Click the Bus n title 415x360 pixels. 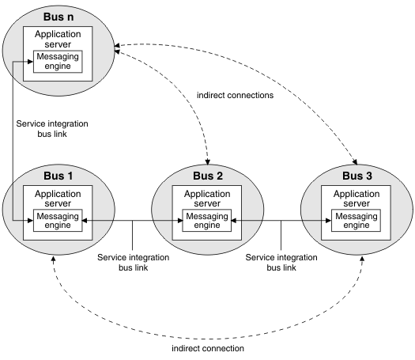pos(58,17)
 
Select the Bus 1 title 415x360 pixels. pos(58,176)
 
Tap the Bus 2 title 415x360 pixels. pos(208,176)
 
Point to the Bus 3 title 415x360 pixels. pos(357,176)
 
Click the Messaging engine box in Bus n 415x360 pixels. pos(58,62)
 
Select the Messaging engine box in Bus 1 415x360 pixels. pos(58,221)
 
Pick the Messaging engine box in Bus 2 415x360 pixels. pos(207,221)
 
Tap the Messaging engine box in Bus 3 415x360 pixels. pos(357,221)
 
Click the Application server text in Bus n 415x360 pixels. pos(58,39)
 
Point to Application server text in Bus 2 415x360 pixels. pos(207,199)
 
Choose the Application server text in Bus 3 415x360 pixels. pos(357,199)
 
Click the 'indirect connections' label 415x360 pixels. pos(235,95)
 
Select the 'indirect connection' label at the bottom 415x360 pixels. pos(208,348)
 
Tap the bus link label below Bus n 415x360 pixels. pos(52,129)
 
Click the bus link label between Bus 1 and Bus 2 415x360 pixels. pos(133,262)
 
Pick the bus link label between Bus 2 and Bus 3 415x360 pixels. pos(281,262)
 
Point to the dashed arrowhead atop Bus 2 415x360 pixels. pos(207,162)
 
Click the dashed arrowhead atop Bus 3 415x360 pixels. pos(355,161)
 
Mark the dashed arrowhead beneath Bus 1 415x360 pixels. pos(53,259)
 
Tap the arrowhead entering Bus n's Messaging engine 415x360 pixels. pos(30,62)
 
